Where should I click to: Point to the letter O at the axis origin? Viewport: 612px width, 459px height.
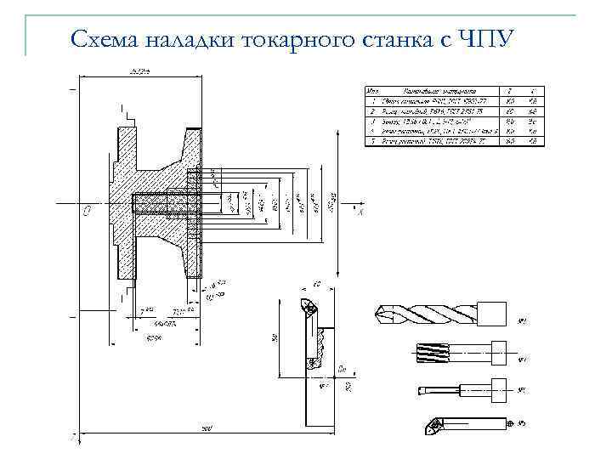click(87, 214)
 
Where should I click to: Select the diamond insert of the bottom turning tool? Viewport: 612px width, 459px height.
click(432, 422)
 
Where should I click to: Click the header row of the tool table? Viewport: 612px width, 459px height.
click(454, 90)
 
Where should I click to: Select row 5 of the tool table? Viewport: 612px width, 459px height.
click(454, 141)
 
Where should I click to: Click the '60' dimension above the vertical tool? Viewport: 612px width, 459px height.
click(316, 284)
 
